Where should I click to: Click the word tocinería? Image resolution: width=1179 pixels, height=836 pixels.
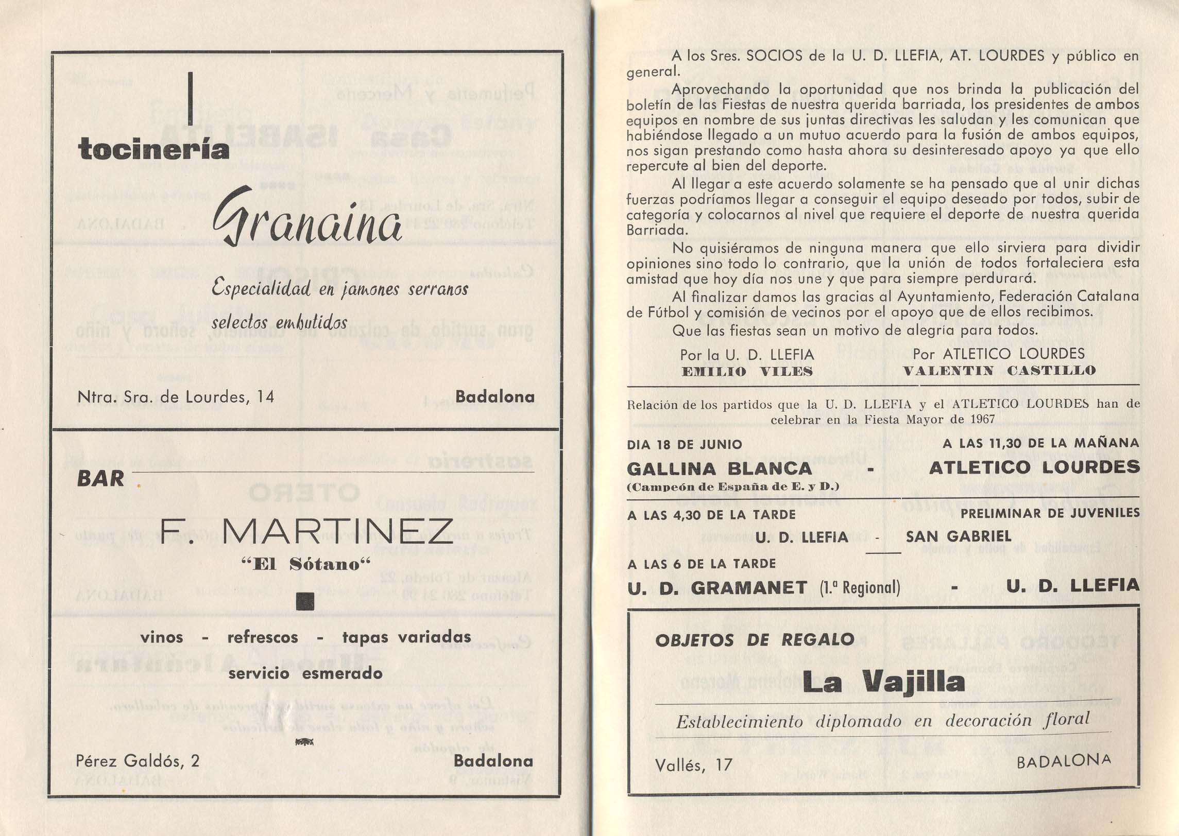(x=153, y=149)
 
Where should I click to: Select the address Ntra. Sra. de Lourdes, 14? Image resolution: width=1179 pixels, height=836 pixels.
(x=176, y=396)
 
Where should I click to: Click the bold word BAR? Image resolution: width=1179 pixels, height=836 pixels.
(x=101, y=479)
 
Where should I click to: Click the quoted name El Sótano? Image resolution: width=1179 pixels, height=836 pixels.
(x=306, y=564)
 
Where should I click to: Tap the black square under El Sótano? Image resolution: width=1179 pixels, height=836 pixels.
(x=305, y=602)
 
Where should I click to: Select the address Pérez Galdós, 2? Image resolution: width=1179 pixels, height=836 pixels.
(x=138, y=760)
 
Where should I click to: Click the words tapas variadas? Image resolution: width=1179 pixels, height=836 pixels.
(x=406, y=637)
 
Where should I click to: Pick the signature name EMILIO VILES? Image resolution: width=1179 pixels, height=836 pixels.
(x=747, y=371)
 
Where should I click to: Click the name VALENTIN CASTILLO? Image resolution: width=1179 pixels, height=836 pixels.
(x=999, y=370)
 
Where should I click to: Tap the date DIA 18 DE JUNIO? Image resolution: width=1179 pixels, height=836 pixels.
(x=685, y=444)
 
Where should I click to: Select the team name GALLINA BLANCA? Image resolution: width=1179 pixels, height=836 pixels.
(x=720, y=468)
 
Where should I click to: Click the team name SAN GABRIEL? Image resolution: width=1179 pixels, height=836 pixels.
(x=959, y=536)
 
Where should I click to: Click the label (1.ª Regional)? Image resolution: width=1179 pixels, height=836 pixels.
(x=860, y=588)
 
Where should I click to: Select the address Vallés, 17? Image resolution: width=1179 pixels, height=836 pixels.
(x=693, y=765)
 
